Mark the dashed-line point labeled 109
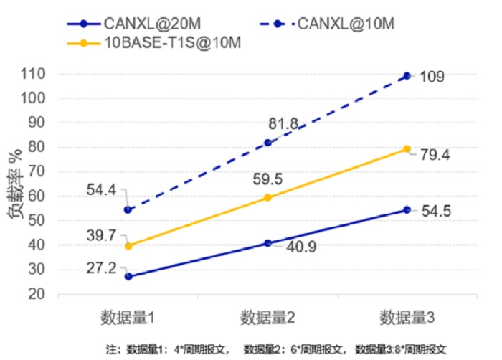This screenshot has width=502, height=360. click(407, 76)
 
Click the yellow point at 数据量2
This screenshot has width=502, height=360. click(267, 197)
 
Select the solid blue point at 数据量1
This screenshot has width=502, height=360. click(128, 276)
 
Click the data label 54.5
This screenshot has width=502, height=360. click(436, 211)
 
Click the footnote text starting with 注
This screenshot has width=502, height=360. click(276, 349)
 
